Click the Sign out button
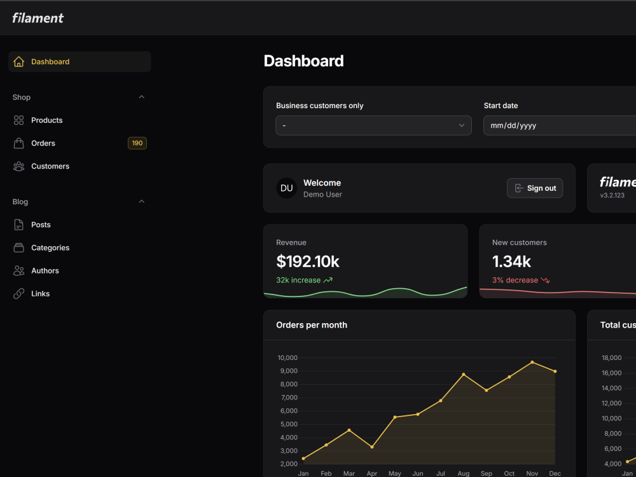535,188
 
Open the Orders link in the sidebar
43,143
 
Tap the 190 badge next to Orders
137,143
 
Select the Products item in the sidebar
46,120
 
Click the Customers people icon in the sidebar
18,166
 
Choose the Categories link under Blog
50,248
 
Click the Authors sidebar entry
45,270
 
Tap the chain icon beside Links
18,294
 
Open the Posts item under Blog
41,225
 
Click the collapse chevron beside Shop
142,97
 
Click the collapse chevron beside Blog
142,202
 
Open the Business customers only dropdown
373,125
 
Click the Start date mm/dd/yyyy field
560,125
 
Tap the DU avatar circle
287,188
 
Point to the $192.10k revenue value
308,261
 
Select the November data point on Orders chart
532,363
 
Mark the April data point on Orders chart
372,447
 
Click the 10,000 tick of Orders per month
287,357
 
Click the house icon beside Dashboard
18,62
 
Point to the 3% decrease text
515,280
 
